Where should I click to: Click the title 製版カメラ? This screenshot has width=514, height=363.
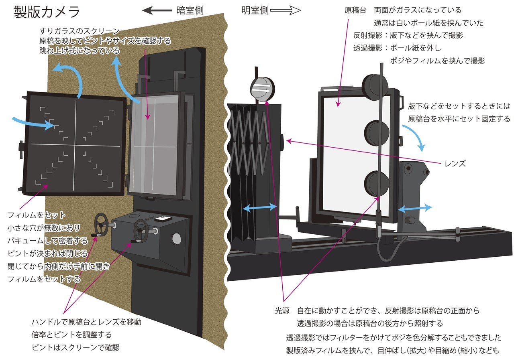click(47, 12)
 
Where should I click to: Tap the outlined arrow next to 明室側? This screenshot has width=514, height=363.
click(286, 11)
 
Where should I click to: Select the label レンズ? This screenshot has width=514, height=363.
click(455, 164)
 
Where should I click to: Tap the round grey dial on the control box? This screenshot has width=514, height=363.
click(176, 239)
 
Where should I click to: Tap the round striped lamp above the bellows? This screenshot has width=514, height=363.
click(261, 89)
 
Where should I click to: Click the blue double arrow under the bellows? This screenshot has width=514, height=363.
click(260, 207)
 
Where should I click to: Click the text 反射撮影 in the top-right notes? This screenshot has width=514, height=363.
click(367, 35)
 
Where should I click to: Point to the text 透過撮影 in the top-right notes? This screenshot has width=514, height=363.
click(367, 48)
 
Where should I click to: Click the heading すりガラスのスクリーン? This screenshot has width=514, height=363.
click(80, 31)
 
